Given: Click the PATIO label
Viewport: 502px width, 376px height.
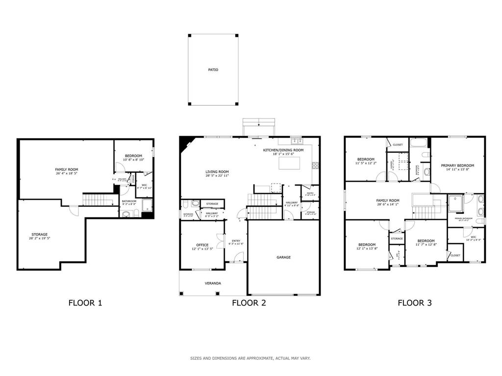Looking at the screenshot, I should (x=213, y=70).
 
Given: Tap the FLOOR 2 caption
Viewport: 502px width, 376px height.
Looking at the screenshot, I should (x=249, y=303).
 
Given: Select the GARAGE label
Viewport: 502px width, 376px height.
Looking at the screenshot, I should (x=283, y=257).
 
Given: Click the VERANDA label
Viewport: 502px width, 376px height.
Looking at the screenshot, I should (x=212, y=283).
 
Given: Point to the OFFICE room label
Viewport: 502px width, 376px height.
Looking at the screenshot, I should (x=202, y=245).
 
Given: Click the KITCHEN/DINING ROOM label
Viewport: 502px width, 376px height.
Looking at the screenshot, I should (x=283, y=150).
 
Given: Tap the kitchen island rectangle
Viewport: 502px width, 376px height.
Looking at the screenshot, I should (x=290, y=163).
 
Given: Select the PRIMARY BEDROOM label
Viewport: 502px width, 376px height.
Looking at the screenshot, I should (x=457, y=165).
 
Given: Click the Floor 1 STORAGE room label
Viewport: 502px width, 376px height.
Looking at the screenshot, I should (x=39, y=235).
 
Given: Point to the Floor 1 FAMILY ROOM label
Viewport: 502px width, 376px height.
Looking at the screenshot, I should (x=66, y=169).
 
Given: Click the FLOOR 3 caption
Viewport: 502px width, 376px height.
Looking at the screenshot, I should (x=414, y=303).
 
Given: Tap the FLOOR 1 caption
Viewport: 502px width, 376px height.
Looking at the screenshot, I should (x=85, y=303).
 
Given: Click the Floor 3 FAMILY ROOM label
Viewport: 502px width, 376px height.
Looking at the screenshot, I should (x=387, y=200).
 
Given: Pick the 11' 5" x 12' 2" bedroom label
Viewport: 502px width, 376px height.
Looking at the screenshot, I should (x=366, y=160).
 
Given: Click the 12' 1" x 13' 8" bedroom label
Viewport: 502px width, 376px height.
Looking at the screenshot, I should (x=367, y=245).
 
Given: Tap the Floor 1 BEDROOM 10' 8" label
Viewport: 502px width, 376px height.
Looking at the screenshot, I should (x=133, y=156).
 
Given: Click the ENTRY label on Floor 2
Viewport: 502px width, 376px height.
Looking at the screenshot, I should (x=236, y=240).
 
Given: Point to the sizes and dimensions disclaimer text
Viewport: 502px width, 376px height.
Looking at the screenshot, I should (x=250, y=358).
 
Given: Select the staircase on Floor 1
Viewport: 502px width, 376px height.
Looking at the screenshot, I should (x=93, y=200).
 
